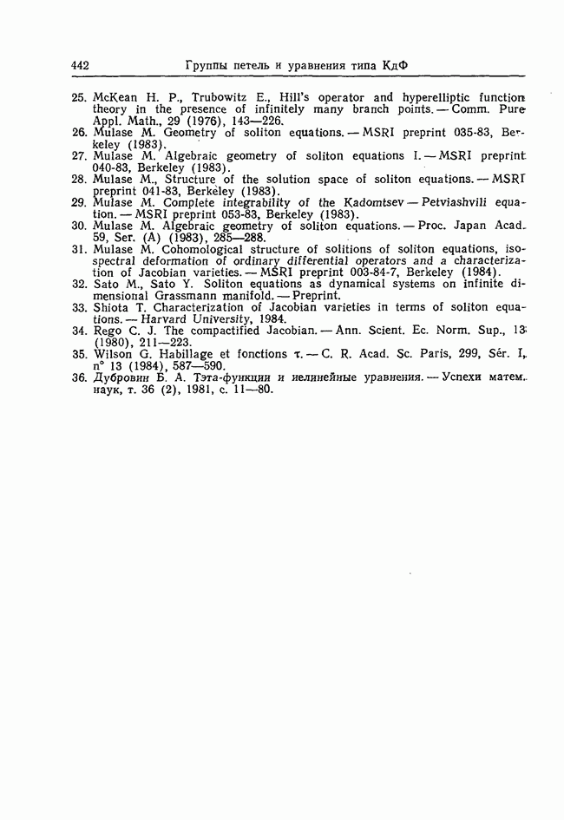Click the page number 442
pyautogui.click(x=81, y=65)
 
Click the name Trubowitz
pyautogui.click(x=220, y=97)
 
